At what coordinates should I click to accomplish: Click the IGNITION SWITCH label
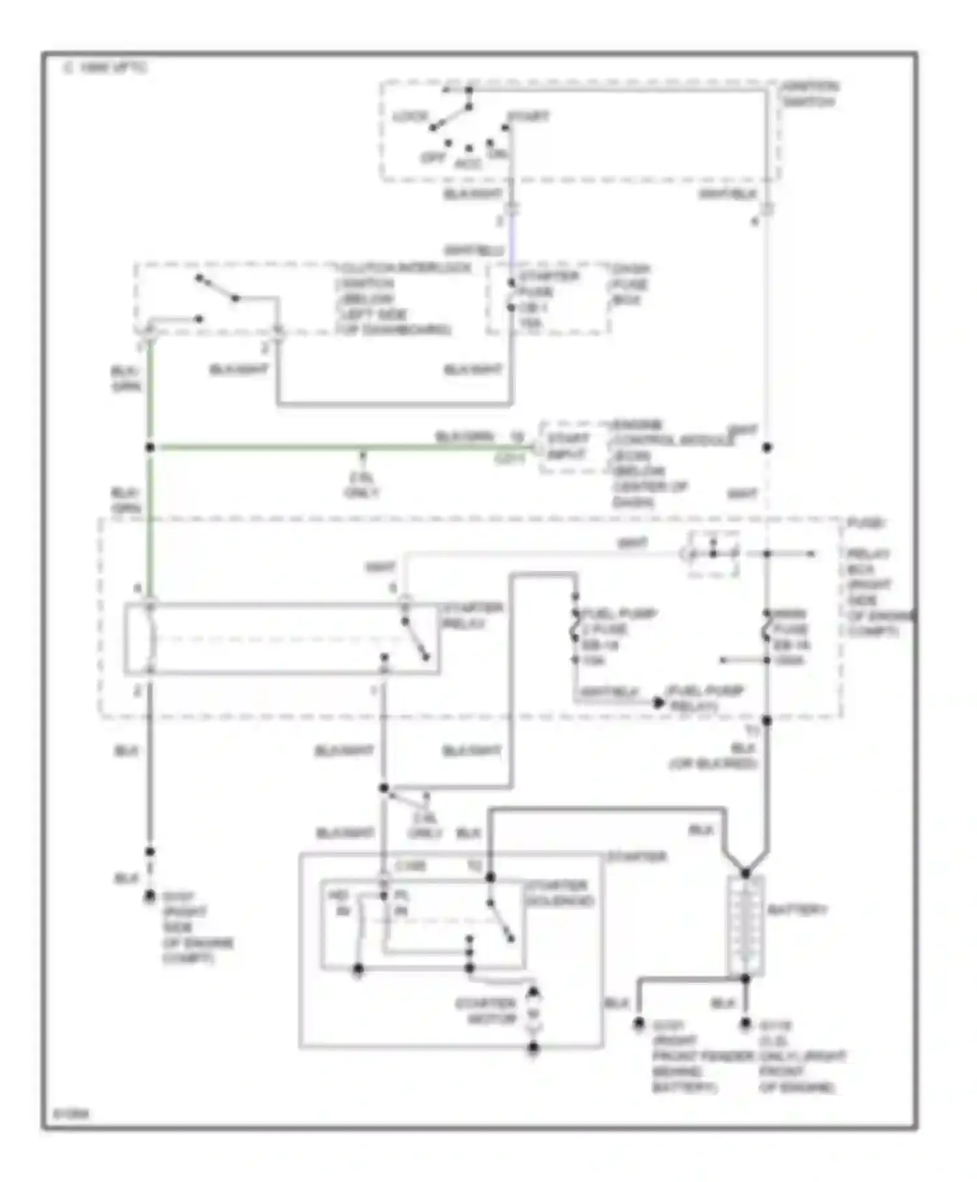click(810, 94)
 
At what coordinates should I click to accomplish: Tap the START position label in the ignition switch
click(528, 117)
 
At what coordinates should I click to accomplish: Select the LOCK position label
click(410, 117)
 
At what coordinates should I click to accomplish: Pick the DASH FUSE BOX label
click(630, 284)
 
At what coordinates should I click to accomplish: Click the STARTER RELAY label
click(472, 616)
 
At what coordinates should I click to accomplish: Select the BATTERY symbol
click(745, 925)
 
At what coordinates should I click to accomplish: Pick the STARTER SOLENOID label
click(559, 893)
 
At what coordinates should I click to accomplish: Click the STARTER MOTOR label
click(485, 1011)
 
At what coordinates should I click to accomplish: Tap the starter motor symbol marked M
click(533, 1014)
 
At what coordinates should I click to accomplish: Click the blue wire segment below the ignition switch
click(512, 244)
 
